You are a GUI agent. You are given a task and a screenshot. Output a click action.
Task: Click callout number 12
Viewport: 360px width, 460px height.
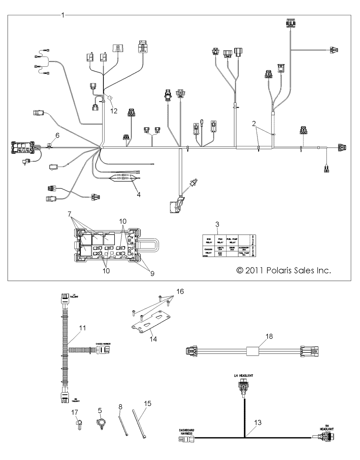click(x=114, y=111)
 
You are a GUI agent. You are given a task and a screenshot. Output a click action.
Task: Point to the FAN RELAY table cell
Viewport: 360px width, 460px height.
click(x=220, y=241)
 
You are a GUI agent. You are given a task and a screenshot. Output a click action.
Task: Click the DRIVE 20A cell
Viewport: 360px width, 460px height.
click(x=232, y=249)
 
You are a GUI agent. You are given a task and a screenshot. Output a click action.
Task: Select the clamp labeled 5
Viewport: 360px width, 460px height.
click(x=100, y=424)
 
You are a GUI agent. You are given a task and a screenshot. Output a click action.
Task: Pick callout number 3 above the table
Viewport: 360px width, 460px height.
click(x=218, y=224)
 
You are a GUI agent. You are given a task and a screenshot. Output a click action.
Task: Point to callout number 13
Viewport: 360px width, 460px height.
click(x=258, y=422)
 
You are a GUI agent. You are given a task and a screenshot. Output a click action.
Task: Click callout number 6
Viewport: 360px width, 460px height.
click(x=57, y=135)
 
